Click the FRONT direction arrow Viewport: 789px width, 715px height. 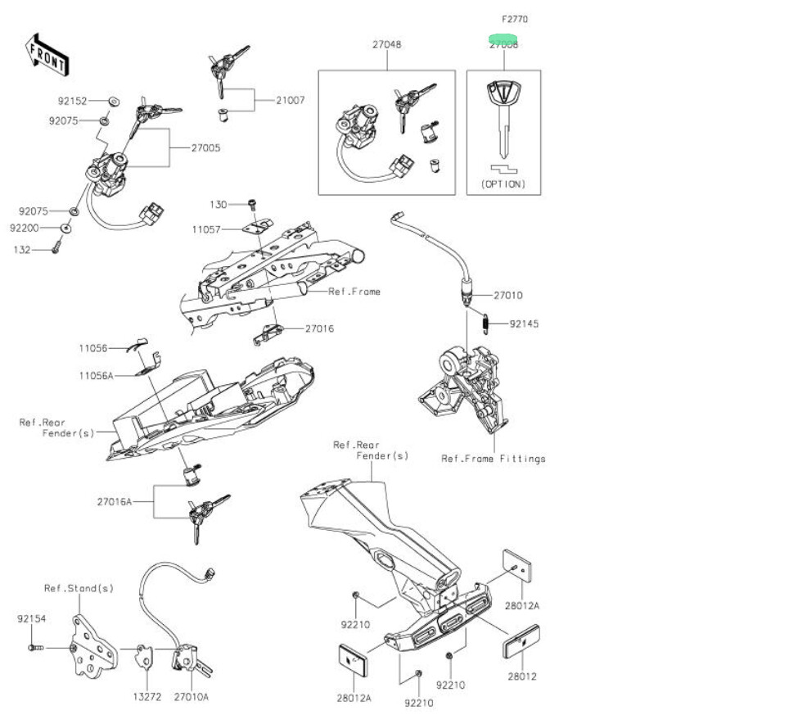pyautogui.click(x=47, y=53)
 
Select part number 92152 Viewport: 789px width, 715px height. pyautogui.click(x=72, y=102)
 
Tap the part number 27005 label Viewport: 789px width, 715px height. pyautogui.click(x=205, y=148)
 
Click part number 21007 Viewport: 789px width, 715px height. pyautogui.click(x=290, y=101)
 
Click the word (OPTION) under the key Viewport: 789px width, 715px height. pyautogui.click(x=503, y=183)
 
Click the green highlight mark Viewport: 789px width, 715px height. pyautogui.click(x=503, y=38)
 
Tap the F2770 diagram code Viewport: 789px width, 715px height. pyautogui.click(x=503, y=18)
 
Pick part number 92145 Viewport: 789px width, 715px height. pyautogui.click(x=524, y=324)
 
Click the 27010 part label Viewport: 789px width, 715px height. pyautogui.click(x=507, y=295)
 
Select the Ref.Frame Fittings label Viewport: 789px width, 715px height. pyautogui.click(x=493, y=459)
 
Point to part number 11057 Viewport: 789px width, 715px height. pyautogui.click(x=206, y=230)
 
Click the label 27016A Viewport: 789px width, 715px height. pyautogui.click(x=114, y=501)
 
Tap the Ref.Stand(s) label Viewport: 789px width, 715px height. pyautogui.click(x=79, y=588)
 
